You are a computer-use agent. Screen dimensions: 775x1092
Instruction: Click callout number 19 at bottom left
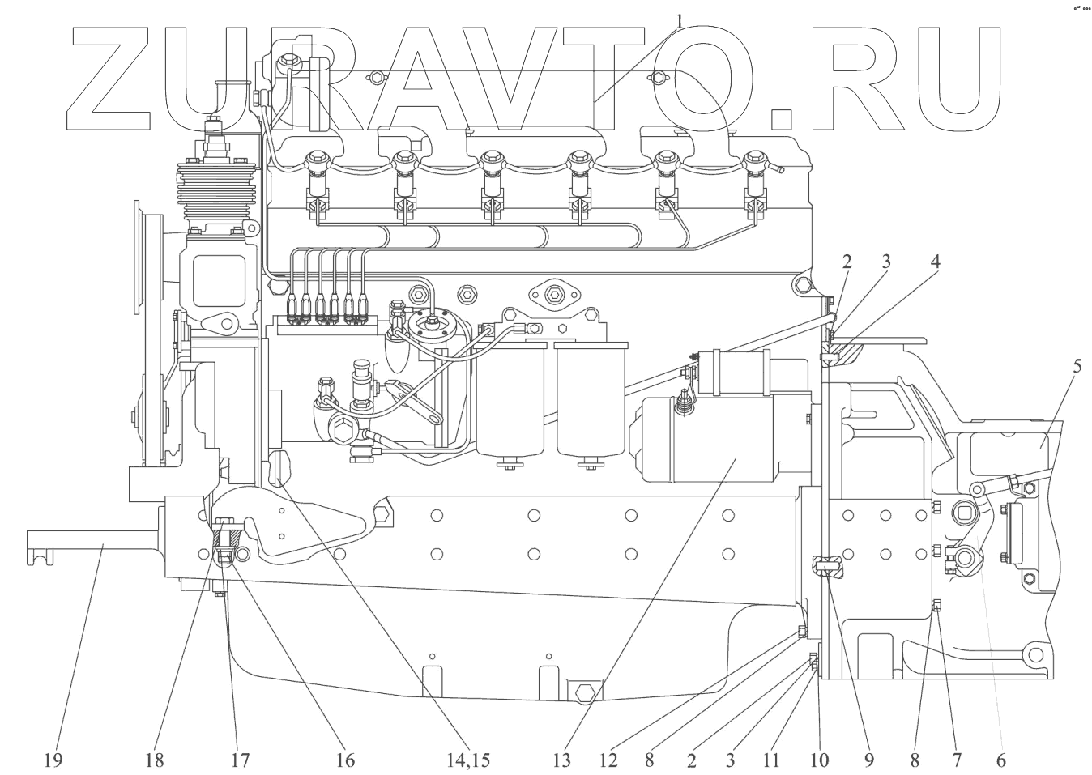55,760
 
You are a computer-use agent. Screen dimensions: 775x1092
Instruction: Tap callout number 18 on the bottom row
155,760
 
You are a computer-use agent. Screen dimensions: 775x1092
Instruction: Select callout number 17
239,760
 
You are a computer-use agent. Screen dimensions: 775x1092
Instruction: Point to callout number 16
345,760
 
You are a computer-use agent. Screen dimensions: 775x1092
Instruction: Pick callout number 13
561,760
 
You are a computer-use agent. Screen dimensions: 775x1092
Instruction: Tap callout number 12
609,760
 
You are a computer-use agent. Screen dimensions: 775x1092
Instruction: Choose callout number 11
770,760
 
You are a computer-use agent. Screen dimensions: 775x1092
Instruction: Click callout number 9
868,760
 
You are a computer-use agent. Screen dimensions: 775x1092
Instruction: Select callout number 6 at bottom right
1000,760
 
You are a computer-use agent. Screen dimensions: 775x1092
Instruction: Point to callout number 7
956,760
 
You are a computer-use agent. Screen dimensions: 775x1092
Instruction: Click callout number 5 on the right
1077,364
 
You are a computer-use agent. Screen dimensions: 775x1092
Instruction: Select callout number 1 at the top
680,17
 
